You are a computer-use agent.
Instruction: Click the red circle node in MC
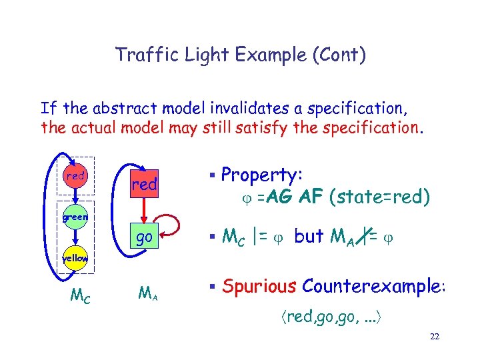click(x=77, y=176)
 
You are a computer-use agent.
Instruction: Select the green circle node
click(x=76, y=217)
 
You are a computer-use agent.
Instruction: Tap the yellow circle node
click(x=76, y=258)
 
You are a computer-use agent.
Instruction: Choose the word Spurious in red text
click(x=259, y=286)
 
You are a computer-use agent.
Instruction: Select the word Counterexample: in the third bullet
click(x=374, y=286)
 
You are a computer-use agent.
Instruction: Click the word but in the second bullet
click(x=308, y=236)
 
